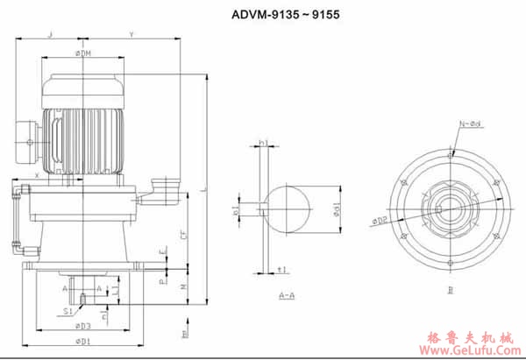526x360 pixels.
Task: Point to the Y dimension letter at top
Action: click(x=131, y=34)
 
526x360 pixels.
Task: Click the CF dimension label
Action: click(x=181, y=236)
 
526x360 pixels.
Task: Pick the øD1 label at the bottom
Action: click(x=84, y=339)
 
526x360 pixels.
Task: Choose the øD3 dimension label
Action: click(x=83, y=326)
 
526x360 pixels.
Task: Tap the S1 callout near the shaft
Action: click(x=68, y=309)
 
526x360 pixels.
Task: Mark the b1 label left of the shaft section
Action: click(x=236, y=210)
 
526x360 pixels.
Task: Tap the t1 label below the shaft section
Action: click(x=281, y=269)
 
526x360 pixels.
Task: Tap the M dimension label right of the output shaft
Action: click(x=181, y=286)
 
